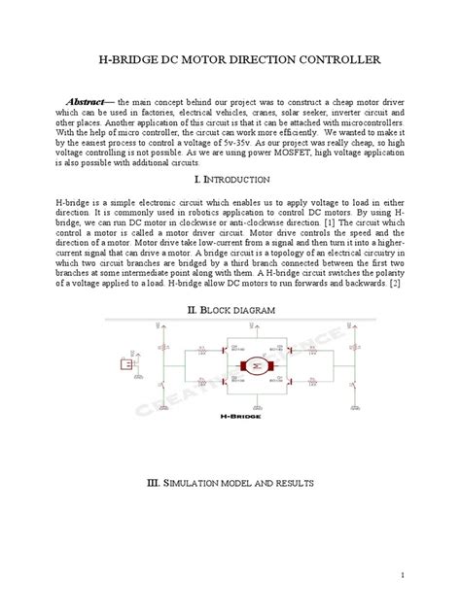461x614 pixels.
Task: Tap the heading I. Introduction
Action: tap(230, 181)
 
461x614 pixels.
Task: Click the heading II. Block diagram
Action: tap(230, 308)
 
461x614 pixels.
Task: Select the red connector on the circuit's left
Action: tap(125, 363)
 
